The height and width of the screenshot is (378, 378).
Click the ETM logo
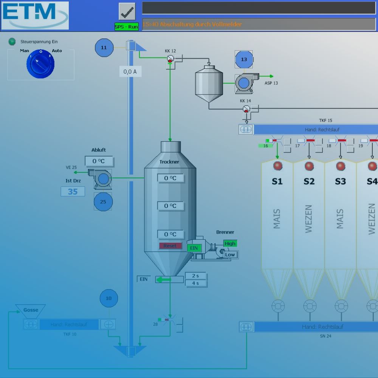[35, 15]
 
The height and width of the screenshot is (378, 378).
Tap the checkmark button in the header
[127, 12]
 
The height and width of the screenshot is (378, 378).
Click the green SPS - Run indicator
[127, 27]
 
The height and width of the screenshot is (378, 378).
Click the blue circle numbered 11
[104, 48]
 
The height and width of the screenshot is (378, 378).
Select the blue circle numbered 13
[244, 59]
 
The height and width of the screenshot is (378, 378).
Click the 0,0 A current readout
[130, 71]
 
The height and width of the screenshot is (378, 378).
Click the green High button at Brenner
[230, 244]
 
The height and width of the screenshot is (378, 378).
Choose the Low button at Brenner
[230, 254]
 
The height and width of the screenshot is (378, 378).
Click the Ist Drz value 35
[73, 192]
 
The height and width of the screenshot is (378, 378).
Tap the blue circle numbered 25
[103, 201]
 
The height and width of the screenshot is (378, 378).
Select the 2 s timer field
[195, 276]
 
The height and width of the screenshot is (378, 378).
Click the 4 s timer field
[195, 283]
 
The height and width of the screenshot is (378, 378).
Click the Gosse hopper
[31, 310]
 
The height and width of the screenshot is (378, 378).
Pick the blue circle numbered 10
[108, 298]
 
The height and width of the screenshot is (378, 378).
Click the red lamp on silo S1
[278, 166]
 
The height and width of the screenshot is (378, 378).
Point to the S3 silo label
[340, 181]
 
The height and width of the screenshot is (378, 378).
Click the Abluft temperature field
[99, 161]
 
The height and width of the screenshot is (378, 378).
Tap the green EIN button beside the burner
[194, 248]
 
